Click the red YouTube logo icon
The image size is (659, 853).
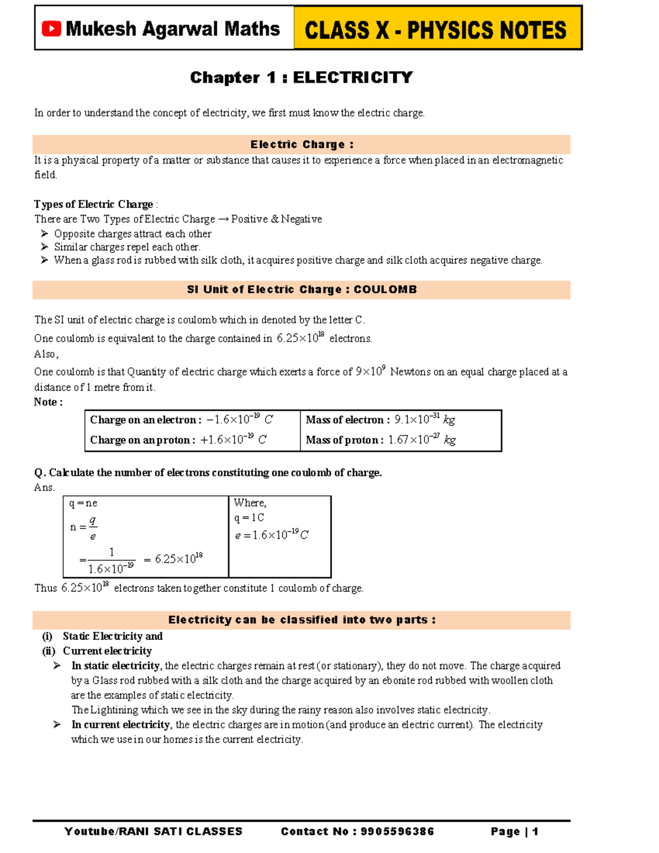point(51,29)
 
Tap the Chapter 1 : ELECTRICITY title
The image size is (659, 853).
point(301,77)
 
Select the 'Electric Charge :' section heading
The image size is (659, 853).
point(301,144)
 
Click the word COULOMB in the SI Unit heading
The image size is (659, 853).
point(385,289)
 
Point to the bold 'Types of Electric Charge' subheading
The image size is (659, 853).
point(93,204)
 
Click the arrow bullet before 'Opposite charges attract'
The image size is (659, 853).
point(44,234)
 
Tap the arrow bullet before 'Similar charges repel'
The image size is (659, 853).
point(44,247)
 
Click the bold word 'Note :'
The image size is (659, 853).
point(48,402)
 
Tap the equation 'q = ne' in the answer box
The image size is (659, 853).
point(83,503)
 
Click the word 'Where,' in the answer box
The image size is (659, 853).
point(250,503)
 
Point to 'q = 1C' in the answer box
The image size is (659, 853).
point(249,518)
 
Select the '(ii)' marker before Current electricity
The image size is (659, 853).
point(48,651)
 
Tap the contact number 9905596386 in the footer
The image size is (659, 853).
point(397,832)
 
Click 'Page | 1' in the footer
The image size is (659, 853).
point(514,832)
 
